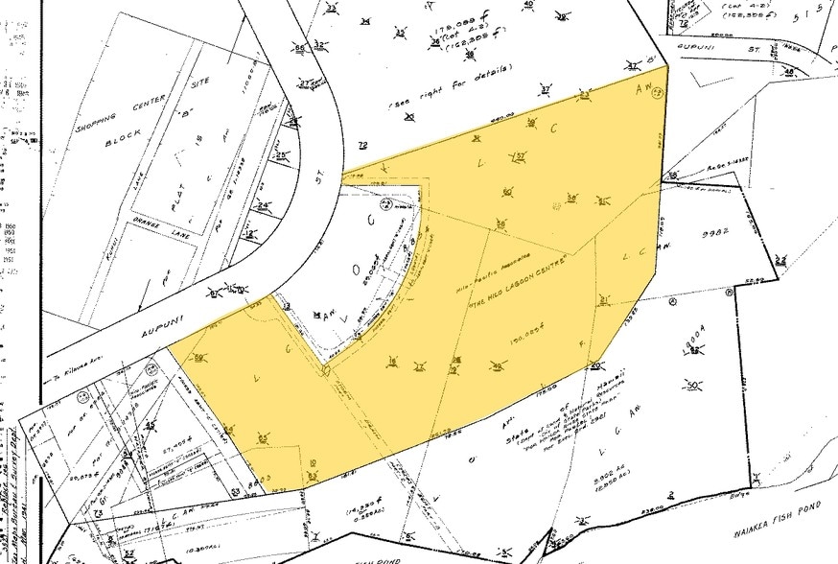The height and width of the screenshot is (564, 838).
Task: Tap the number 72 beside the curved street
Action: (362, 145)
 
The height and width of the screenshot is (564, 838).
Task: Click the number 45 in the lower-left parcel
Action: (150, 426)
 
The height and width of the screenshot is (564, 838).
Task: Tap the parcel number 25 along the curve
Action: (281, 155)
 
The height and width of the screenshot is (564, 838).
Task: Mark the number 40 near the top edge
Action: (528, 6)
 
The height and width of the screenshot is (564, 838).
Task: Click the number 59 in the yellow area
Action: (198, 358)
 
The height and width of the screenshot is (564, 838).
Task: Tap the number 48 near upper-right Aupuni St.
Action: (788, 73)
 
